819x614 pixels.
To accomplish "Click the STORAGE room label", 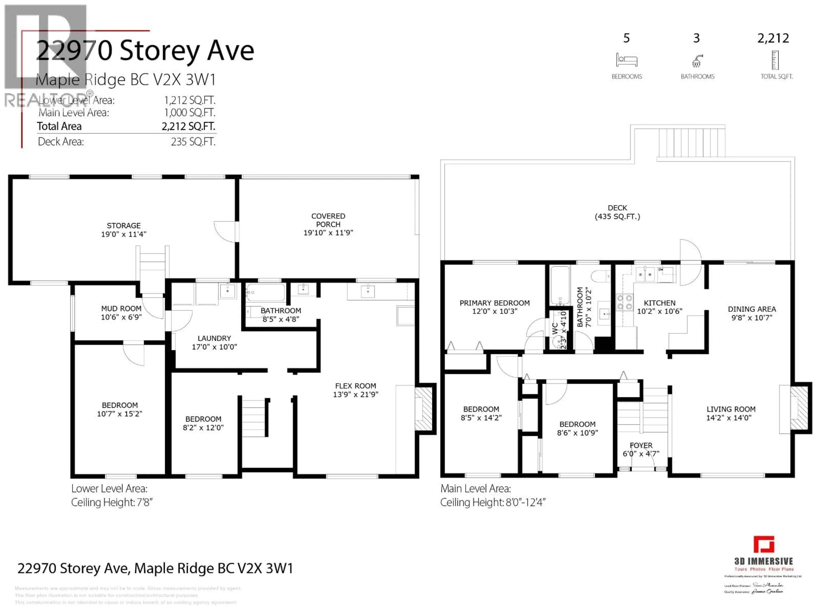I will click(x=124, y=225).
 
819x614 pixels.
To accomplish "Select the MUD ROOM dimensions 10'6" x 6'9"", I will click(x=121, y=317).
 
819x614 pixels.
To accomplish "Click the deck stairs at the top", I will click(x=691, y=142).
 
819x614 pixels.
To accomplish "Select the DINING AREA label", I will click(x=752, y=309).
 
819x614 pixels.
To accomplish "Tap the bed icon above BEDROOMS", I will click(x=626, y=60).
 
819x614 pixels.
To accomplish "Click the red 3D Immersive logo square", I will click(x=764, y=545).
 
